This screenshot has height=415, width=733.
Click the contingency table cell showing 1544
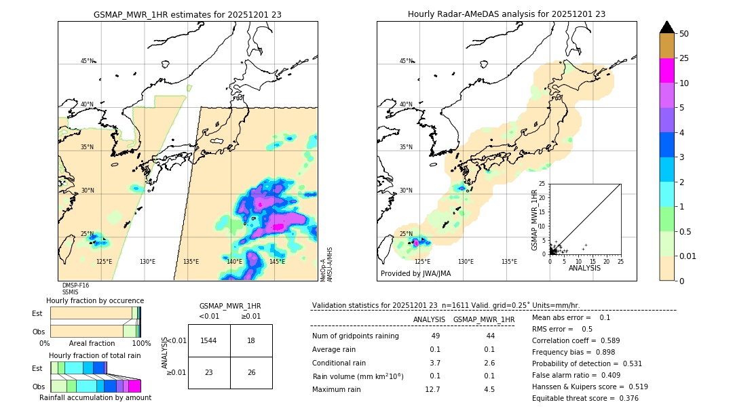pyautogui.click(x=209, y=340)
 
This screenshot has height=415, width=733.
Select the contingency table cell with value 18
pyautogui.click(x=251, y=340)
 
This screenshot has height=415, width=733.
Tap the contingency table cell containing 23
pyautogui.click(x=209, y=372)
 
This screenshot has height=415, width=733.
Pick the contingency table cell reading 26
pyautogui.click(x=251, y=372)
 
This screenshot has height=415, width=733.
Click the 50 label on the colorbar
pyautogui.click(x=684, y=34)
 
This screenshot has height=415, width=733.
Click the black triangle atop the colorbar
pyautogui.click(x=667, y=27)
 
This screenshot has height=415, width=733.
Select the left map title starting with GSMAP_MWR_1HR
pyautogui.click(x=187, y=14)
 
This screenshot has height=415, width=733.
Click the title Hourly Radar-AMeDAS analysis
pyautogui.click(x=506, y=14)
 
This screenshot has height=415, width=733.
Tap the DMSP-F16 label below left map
pyautogui.click(x=75, y=285)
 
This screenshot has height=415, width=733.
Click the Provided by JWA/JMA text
pyautogui.click(x=415, y=273)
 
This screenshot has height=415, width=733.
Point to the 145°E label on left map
pyautogui.click(x=277, y=262)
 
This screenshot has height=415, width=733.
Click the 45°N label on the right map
pyautogui.click(x=406, y=61)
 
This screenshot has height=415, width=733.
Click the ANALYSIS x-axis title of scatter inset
pyautogui.click(x=584, y=268)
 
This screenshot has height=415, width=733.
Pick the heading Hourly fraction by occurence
pyautogui.click(x=95, y=300)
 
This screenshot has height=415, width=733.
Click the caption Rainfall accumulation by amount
pyautogui.click(x=95, y=397)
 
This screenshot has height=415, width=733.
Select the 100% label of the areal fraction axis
pyautogui.click(x=141, y=344)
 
